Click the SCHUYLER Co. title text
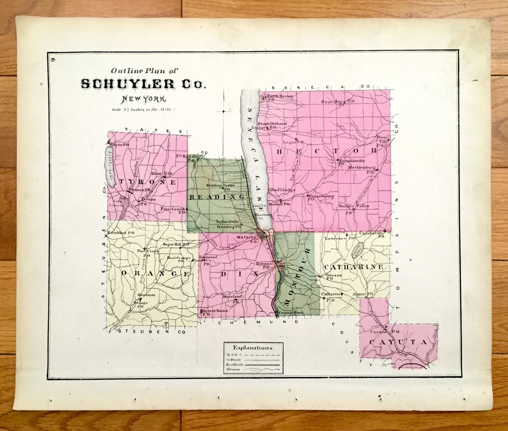(x=143, y=84)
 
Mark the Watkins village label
(x=246, y=238)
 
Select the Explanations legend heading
(x=253, y=348)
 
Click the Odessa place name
(x=333, y=275)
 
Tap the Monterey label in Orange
(x=146, y=295)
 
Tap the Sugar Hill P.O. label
(x=175, y=245)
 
